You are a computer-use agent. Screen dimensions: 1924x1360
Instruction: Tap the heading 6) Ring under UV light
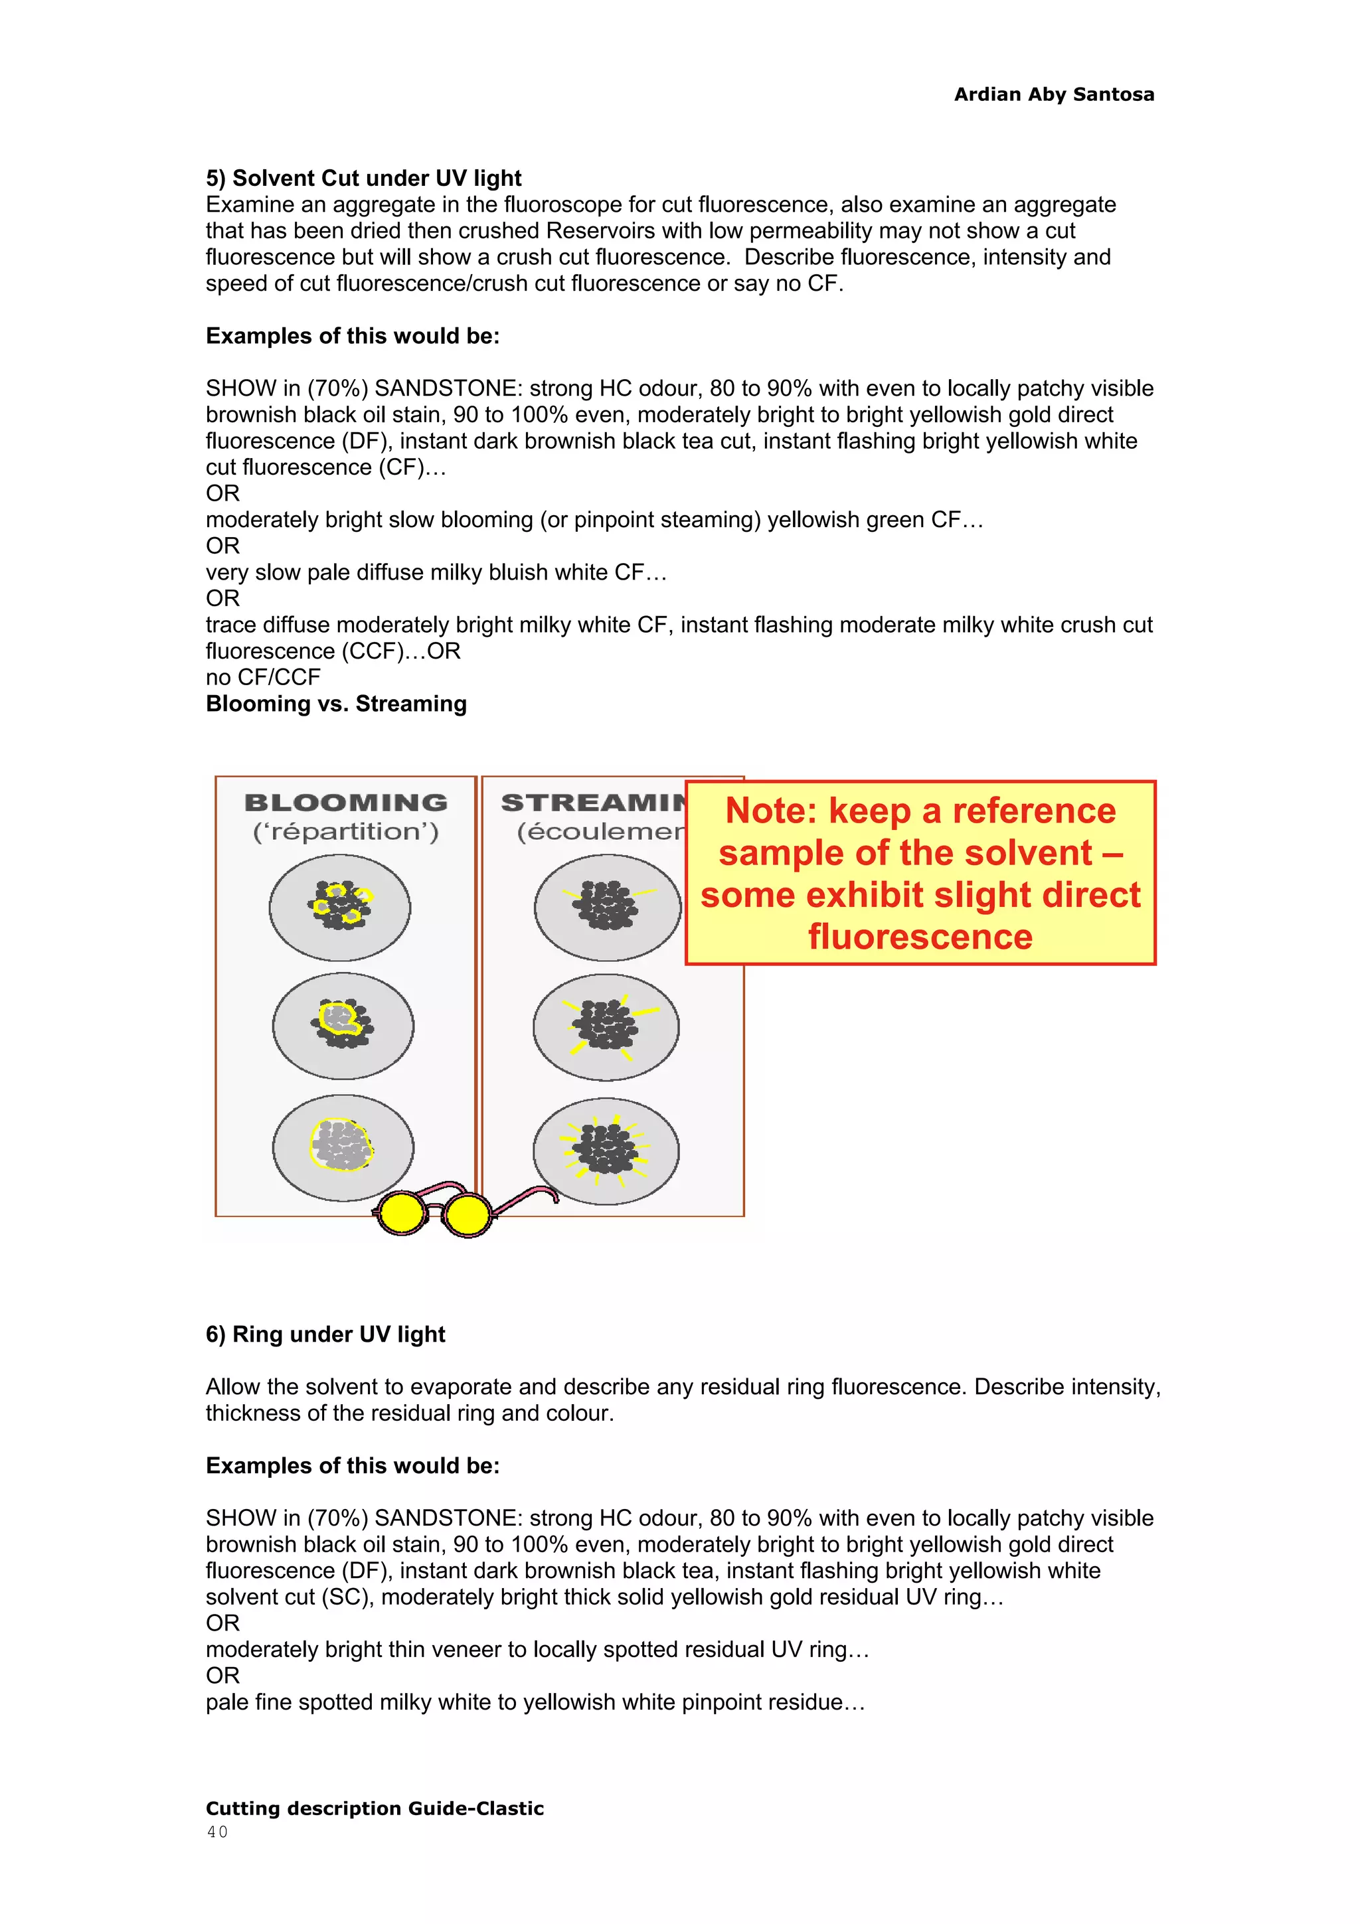click(325, 1333)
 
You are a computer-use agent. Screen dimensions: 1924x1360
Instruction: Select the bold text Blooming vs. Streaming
click(336, 703)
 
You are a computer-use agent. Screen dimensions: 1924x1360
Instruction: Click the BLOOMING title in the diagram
click(345, 802)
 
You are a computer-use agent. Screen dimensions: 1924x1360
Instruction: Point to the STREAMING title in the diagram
click(592, 802)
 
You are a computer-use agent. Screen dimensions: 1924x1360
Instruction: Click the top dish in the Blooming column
click(339, 907)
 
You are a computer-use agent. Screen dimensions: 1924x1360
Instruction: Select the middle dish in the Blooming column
click(343, 1026)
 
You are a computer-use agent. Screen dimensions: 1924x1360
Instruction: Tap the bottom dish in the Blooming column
click(343, 1147)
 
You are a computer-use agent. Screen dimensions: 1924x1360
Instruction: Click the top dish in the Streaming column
click(608, 908)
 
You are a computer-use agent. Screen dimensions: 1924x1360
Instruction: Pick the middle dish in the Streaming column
click(606, 1026)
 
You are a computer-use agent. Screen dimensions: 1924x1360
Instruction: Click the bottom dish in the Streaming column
click(606, 1150)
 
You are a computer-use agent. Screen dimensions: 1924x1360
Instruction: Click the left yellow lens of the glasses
click(403, 1214)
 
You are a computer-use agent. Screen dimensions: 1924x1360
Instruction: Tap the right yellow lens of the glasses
click(467, 1214)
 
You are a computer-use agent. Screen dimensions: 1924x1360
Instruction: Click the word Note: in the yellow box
click(770, 811)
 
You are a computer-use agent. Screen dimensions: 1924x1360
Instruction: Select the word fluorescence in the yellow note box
click(920, 937)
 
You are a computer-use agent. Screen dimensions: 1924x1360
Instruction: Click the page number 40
click(217, 1832)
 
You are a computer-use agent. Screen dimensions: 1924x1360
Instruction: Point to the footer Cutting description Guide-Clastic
click(375, 1808)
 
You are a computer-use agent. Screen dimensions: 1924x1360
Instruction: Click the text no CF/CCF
click(263, 677)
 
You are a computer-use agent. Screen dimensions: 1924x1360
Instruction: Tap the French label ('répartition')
click(345, 831)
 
